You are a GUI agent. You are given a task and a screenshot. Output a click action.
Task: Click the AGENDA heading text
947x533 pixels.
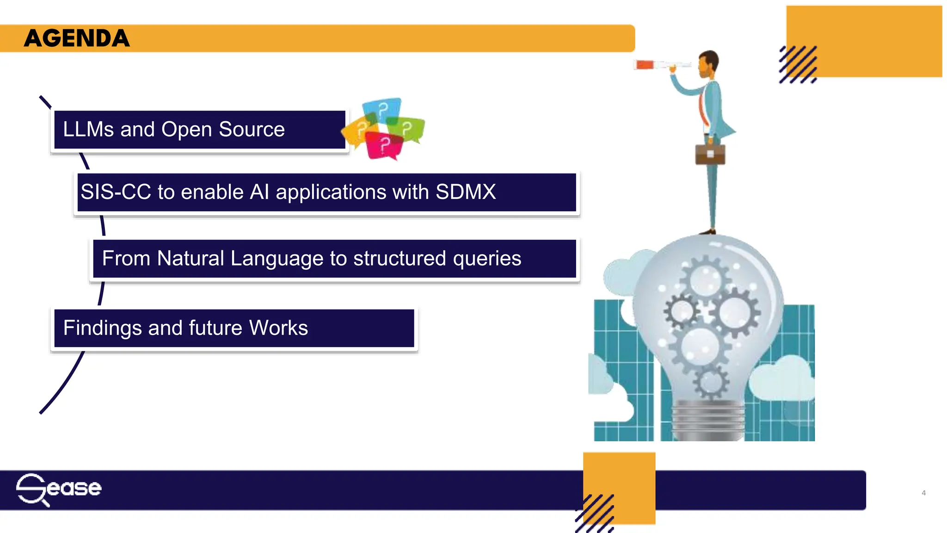77,38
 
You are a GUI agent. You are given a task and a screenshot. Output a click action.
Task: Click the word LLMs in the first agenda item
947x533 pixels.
88,130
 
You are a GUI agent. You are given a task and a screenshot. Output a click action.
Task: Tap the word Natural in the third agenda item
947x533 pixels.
191,258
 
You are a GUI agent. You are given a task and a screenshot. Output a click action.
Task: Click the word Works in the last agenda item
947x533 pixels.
278,328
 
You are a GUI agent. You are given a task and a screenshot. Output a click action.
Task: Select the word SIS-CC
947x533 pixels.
116,192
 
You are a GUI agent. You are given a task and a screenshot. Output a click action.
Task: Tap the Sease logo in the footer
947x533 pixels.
59,489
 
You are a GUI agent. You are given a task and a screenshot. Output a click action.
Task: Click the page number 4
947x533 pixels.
923,493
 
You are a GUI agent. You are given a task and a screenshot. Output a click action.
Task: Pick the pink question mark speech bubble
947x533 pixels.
384,145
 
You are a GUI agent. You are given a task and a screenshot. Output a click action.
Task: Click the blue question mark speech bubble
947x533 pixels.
381,110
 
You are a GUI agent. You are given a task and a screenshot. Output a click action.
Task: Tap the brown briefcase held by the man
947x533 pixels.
710,155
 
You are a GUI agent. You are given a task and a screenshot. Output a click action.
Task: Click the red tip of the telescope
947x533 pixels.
644,65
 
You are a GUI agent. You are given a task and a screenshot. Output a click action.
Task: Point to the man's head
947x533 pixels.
708,64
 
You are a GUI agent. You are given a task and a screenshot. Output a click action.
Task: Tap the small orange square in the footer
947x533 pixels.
620,481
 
